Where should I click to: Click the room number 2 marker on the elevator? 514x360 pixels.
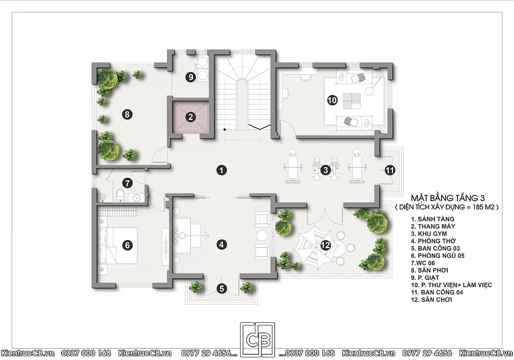tap(191, 117)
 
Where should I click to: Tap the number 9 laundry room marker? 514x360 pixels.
tap(191, 77)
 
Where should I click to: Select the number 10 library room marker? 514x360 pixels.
tap(332, 100)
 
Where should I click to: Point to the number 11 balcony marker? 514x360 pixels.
tap(390, 170)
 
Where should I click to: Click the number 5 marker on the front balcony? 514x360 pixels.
tap(222, 288)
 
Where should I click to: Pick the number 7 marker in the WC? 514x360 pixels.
tap(127, 183)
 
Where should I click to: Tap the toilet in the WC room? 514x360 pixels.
tap(120, 195)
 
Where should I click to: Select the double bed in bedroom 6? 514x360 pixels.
tap(117, 245)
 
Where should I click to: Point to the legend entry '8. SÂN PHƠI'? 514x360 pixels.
tap(429, 270)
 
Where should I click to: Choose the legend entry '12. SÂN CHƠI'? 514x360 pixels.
tap(431, 300)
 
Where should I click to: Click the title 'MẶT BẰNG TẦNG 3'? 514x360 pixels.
tap(448, 198)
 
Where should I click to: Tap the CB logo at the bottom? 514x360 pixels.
tap(257, 339)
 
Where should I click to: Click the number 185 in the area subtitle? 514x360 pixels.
tap(478, 207)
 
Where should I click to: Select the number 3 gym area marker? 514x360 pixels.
tap(326, 170)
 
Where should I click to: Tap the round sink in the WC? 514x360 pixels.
tap(137, 198)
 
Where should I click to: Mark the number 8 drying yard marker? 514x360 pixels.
tap(127, 114)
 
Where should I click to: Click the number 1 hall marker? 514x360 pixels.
tap(221, 170)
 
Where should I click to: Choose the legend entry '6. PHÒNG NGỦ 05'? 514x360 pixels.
tap(438, 255)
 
